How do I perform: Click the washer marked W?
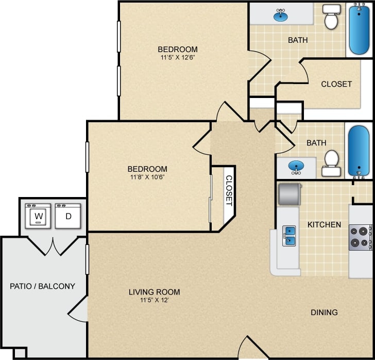(x=40, y=216)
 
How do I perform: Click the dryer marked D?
(x=69, y=216)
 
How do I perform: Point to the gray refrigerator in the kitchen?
(x=288, y=194)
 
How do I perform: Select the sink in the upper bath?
(x=281, y=15)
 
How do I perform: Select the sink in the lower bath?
(x=296, y=167)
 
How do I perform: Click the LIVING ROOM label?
(x=155, y=292)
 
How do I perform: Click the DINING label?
(x=324, y=312)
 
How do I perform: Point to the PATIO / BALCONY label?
(x=43, y=286)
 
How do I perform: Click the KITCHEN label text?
(x=324, y=224)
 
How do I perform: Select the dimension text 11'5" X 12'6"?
(x=178, y=58)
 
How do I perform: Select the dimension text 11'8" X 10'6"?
(x=147, y=177)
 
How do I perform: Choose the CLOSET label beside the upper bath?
(x=336, y=84)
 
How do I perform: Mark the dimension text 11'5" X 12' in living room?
(x=155, y=300)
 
